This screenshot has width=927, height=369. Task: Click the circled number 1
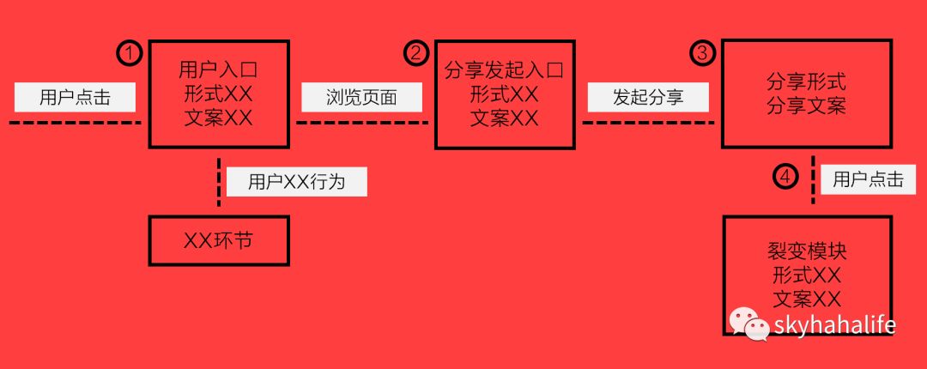click(x=129, y=53)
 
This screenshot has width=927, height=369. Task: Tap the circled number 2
click(x=415, y=53)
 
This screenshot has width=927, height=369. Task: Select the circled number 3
click(x=702, y=53)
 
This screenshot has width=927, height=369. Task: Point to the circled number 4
click(x=785, y=177)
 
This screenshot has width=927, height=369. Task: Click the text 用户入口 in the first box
click(x=218, y=70)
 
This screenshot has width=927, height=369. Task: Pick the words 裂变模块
click(x=806, y=251)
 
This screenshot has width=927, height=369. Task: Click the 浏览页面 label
click(x=361, y=97)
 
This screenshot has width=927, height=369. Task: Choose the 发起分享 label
click(x=648, y=97)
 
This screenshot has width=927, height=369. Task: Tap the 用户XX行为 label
click(x=296, y=181)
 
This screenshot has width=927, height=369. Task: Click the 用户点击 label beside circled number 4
click(x=868, y=179)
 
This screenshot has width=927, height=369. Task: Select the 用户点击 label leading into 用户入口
click(x=75, y=97)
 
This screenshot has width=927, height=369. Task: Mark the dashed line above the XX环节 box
click(x=219, y=183)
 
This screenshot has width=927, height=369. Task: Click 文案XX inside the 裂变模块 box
click(x=806, y=299)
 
